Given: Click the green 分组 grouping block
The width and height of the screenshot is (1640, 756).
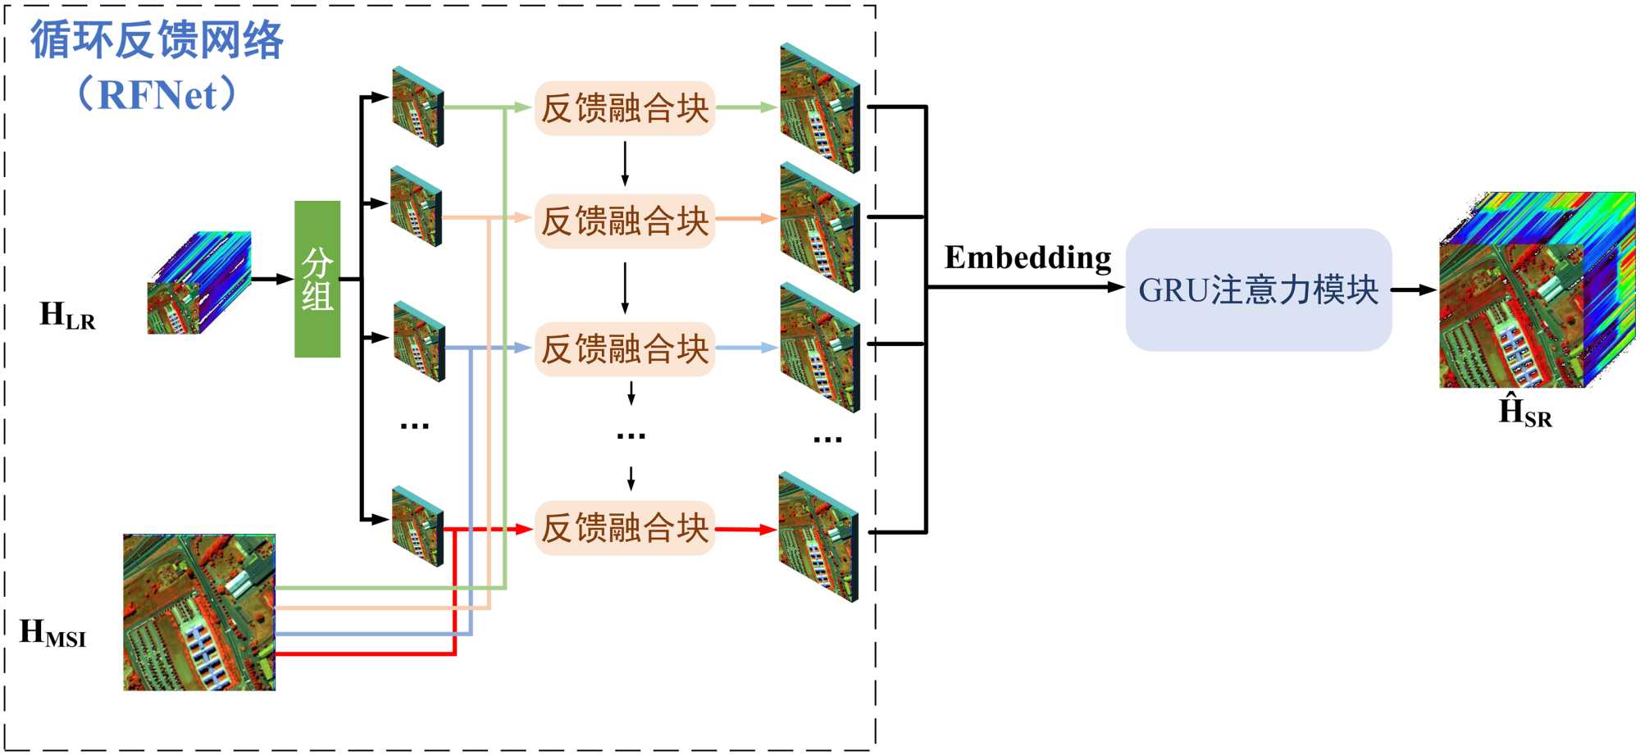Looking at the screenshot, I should tap(317, 279).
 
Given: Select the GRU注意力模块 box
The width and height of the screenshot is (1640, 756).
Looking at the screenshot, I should tap(1258, 290).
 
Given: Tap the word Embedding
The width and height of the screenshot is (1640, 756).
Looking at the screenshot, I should tap(1027, 258).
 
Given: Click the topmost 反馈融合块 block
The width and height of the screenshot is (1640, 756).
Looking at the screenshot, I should tap(625, 108).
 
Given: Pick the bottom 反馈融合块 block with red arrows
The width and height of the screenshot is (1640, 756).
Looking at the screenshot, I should tap(625, 528).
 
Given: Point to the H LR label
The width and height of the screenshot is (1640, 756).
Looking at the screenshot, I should tap(67, 316).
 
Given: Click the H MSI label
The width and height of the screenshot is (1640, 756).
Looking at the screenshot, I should tap(52, 633).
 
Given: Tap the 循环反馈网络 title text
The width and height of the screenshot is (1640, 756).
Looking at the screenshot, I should tap(157, 39).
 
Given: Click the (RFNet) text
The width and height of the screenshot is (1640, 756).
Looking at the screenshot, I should tap(157, 94).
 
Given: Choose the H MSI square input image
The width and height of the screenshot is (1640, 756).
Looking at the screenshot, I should tap(199, 613).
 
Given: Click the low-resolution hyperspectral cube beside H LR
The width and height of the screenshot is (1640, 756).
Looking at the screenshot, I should tap(199, 283).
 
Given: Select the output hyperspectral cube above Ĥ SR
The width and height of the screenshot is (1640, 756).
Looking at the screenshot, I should tap(1537, 290).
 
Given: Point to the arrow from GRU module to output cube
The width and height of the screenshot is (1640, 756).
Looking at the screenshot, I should tap(1414, 289).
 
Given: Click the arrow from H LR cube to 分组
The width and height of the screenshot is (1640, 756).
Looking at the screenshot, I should tap(272, 279).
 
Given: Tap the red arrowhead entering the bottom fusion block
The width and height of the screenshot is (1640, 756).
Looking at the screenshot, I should tap(524, 529).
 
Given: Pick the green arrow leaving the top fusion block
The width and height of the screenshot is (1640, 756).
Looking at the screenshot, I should tap(746, 107).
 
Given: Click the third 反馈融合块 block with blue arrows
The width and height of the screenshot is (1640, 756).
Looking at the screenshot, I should tap(625, 349).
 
